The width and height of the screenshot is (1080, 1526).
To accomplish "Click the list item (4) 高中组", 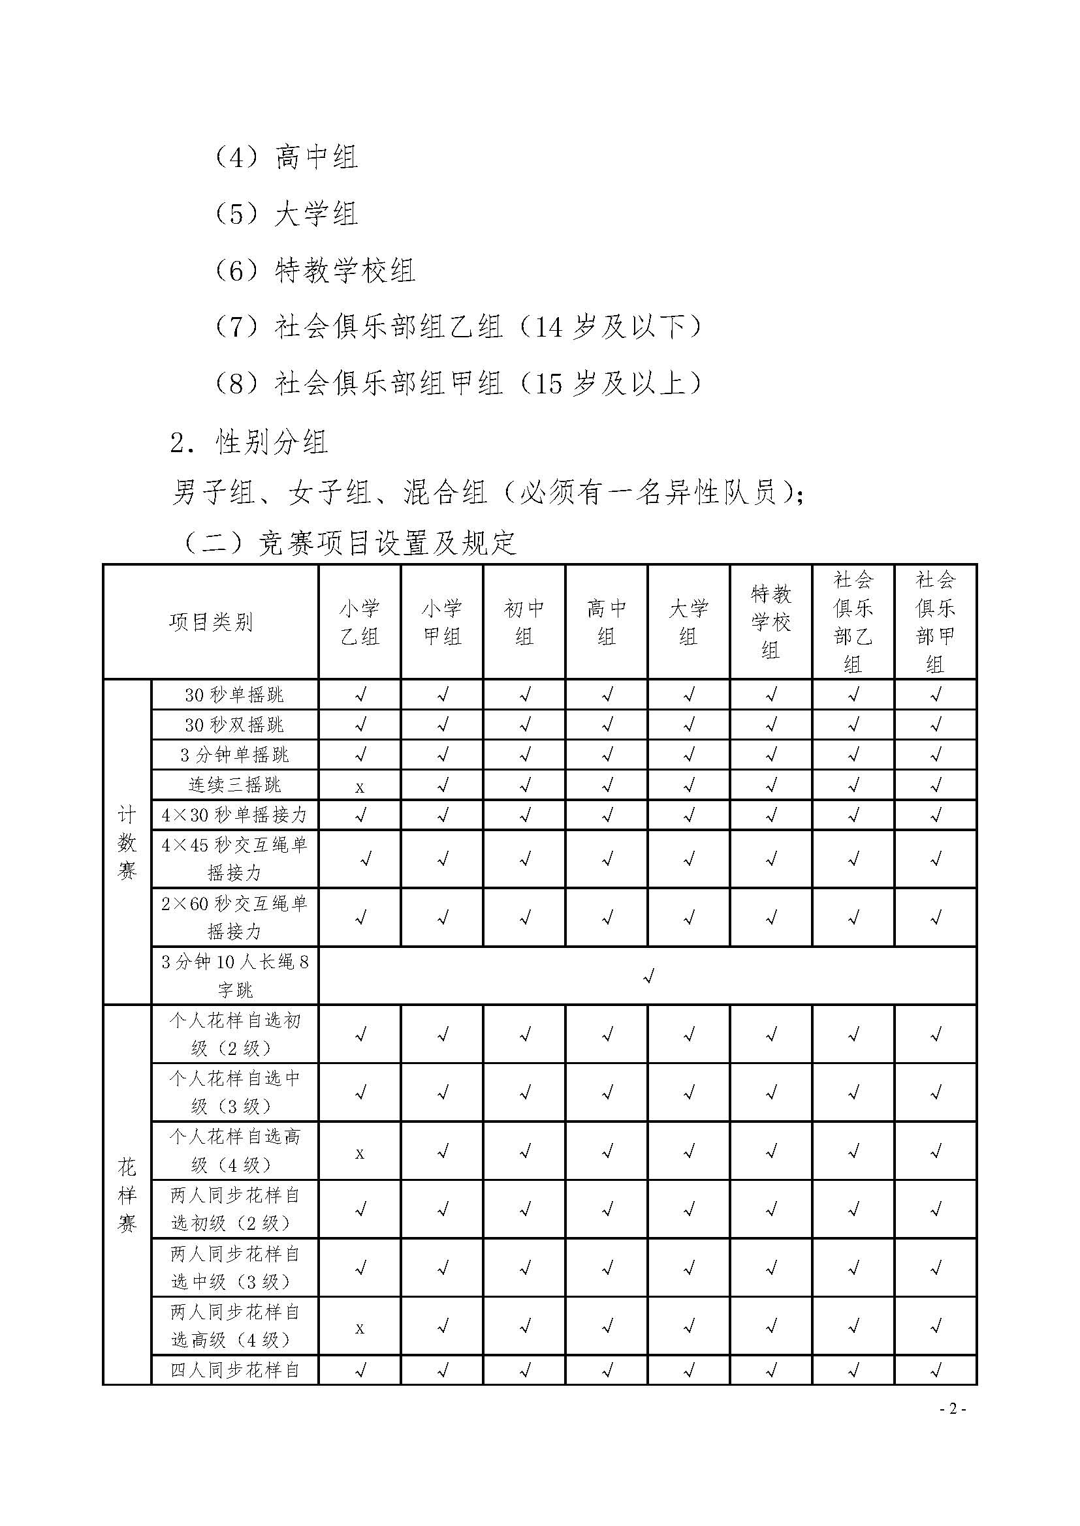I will point(286,158).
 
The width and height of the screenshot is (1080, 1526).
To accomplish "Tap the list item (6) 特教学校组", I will point(315,271).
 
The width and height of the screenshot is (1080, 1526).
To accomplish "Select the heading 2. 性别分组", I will point(249,442).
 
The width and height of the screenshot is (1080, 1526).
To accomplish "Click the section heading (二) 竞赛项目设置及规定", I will point(350,543).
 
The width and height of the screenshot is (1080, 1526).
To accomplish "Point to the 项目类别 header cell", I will point(211,622).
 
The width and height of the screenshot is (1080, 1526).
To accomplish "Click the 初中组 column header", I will point(524,622).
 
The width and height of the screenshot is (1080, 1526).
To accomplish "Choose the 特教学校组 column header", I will point(770,622).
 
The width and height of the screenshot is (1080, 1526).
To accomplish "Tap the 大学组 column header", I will point(688,622).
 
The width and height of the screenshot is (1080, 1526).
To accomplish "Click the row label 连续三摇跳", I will point(235,785).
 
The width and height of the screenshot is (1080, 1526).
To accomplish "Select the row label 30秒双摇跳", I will point(235,724).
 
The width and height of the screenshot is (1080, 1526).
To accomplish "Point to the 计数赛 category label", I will point(127,842).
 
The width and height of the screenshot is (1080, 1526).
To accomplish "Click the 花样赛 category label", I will point(127,1195).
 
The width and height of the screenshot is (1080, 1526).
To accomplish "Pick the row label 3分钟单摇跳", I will point(235,755).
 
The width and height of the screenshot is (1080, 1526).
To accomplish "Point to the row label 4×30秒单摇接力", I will point(235,815).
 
